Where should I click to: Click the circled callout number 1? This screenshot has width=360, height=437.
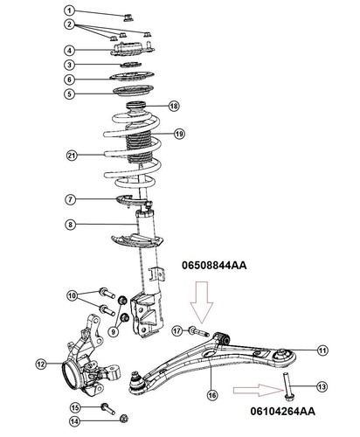69,10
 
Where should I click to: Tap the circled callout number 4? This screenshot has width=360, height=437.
69,51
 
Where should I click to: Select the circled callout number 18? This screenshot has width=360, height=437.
174,106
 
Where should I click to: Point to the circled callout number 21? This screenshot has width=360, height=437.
72,156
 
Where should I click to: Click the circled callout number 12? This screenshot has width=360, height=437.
41,364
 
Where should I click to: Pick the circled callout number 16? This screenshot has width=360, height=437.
212,395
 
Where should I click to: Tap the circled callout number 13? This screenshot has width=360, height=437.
322,386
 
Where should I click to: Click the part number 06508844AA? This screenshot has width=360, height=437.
214,266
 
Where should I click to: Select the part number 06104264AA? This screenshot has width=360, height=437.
282,411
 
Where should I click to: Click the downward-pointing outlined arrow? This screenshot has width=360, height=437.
202,302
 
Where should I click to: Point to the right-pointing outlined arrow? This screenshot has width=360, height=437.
257,390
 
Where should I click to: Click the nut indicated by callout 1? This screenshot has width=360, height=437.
128,17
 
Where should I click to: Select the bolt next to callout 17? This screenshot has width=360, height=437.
199,332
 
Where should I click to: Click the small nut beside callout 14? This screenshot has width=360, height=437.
124,419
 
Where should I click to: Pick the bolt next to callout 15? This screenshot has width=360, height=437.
107,408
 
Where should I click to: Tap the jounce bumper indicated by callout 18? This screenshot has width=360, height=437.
135,108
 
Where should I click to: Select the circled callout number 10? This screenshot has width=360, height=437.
72,295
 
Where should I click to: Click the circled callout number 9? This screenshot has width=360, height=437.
114,331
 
